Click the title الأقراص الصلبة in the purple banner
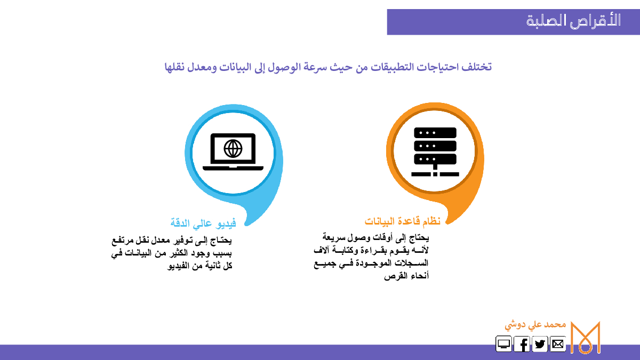tap(573, 21)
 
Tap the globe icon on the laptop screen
tap(233, 149)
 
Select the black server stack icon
tap(435, 151)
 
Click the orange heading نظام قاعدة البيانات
tap(402, 221)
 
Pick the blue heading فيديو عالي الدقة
tap(203, 223)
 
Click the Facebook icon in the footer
tap(522, 343)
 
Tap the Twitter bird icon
tap(540, 343)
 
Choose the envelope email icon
tap(558, 343)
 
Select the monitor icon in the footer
tap(503, 343)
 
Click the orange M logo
tap(586, 337)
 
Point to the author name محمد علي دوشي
tap(535, 325)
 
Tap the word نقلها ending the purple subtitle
tap(174, 67)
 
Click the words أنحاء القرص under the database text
tap(406, 276)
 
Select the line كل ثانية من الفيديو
tap(199, 266)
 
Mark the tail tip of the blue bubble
tap(246, 225)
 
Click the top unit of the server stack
tap(435, 133)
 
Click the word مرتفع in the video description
tap(123, 241)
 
